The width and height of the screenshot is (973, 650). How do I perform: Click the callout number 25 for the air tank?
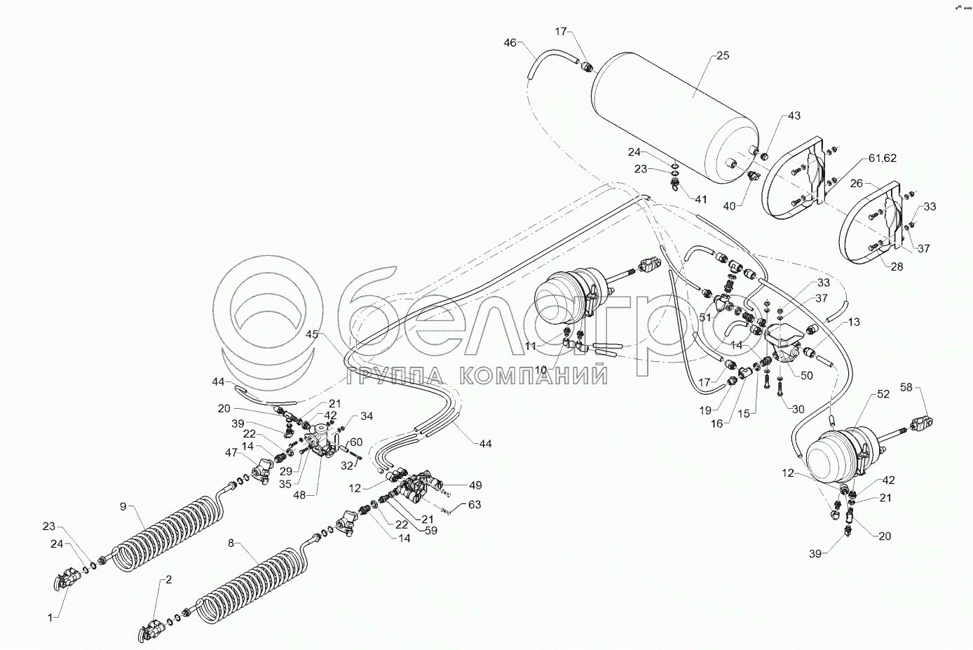pos(723,55)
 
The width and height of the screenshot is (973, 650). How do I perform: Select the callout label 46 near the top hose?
pos(510,43)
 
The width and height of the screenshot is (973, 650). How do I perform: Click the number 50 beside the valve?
pos(807,376)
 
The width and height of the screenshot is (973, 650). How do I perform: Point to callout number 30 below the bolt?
pos(798,409)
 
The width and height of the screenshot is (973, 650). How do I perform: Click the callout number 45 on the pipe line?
pos(312,334)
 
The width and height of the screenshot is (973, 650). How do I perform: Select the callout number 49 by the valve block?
pos(475,485)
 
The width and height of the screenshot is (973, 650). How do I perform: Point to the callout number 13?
pos(853,322)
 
